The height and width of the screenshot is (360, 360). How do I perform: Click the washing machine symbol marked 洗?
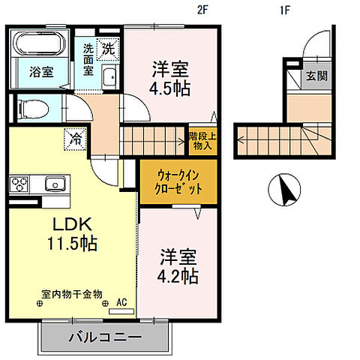tap(109, 49)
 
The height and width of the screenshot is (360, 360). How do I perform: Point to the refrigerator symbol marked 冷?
tap(76, 138)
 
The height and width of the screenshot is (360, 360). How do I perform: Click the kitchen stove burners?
tap(19, 184)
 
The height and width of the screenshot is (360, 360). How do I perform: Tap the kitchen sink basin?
tap(55, 184)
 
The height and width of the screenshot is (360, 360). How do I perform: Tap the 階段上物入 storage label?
tap(200, 140)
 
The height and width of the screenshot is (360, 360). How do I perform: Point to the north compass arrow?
tap(286, 191)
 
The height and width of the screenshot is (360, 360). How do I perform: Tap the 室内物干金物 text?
tap(72, 294)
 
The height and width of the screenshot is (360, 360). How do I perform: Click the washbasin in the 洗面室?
tap(109, 76)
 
